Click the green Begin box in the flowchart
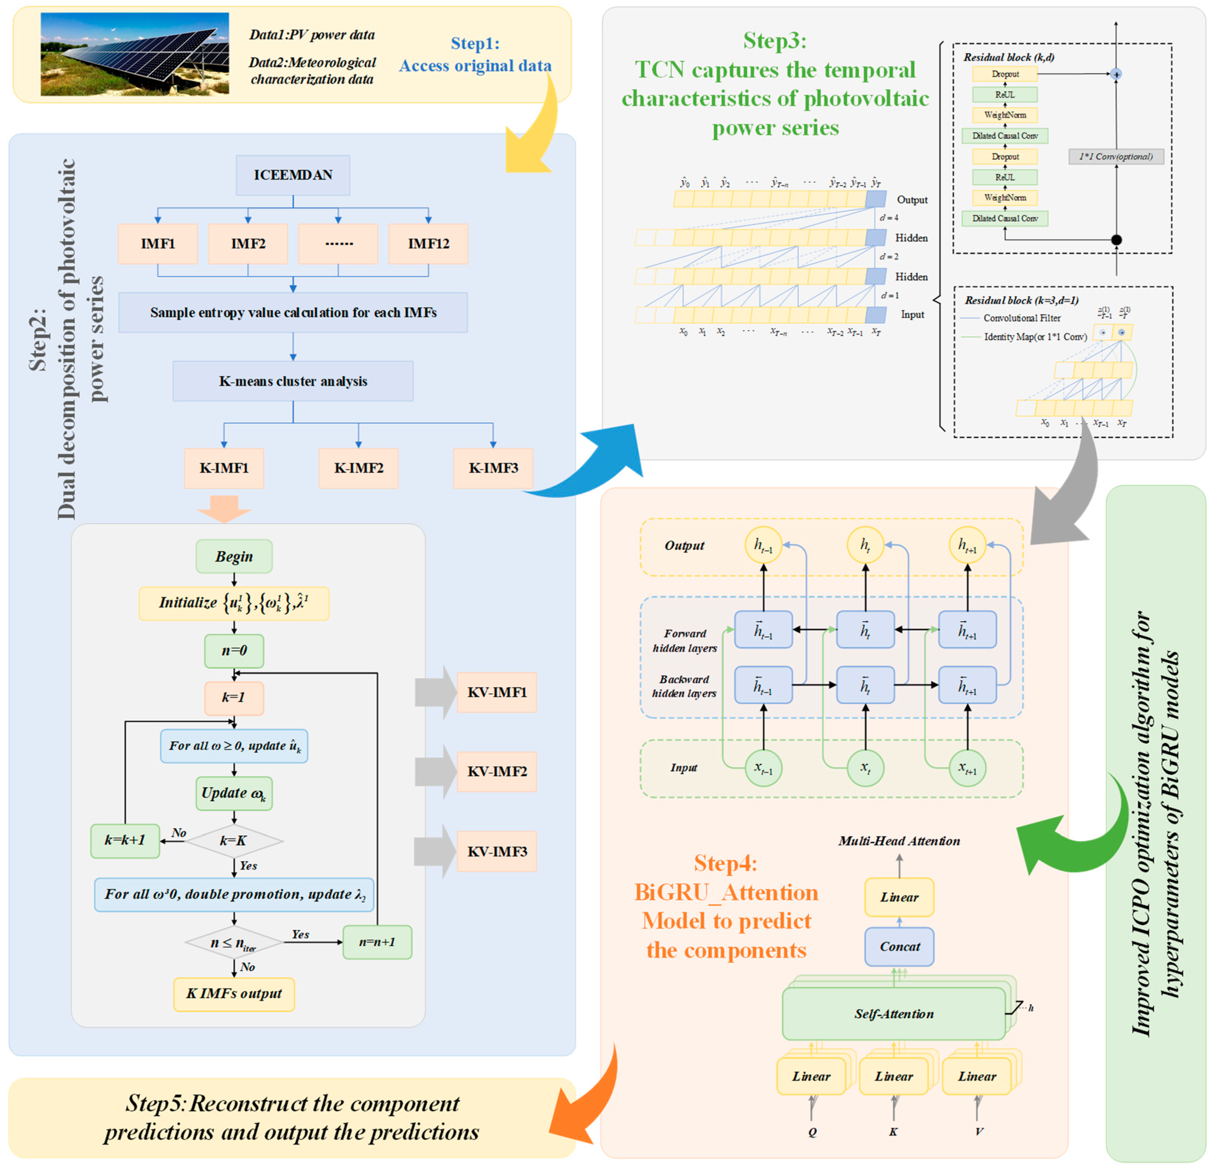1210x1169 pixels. coord(234,557)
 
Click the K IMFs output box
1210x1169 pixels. coord(234,994)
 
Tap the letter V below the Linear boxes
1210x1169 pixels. coord(979,1132)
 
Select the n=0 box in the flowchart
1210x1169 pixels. coord(234,651)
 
